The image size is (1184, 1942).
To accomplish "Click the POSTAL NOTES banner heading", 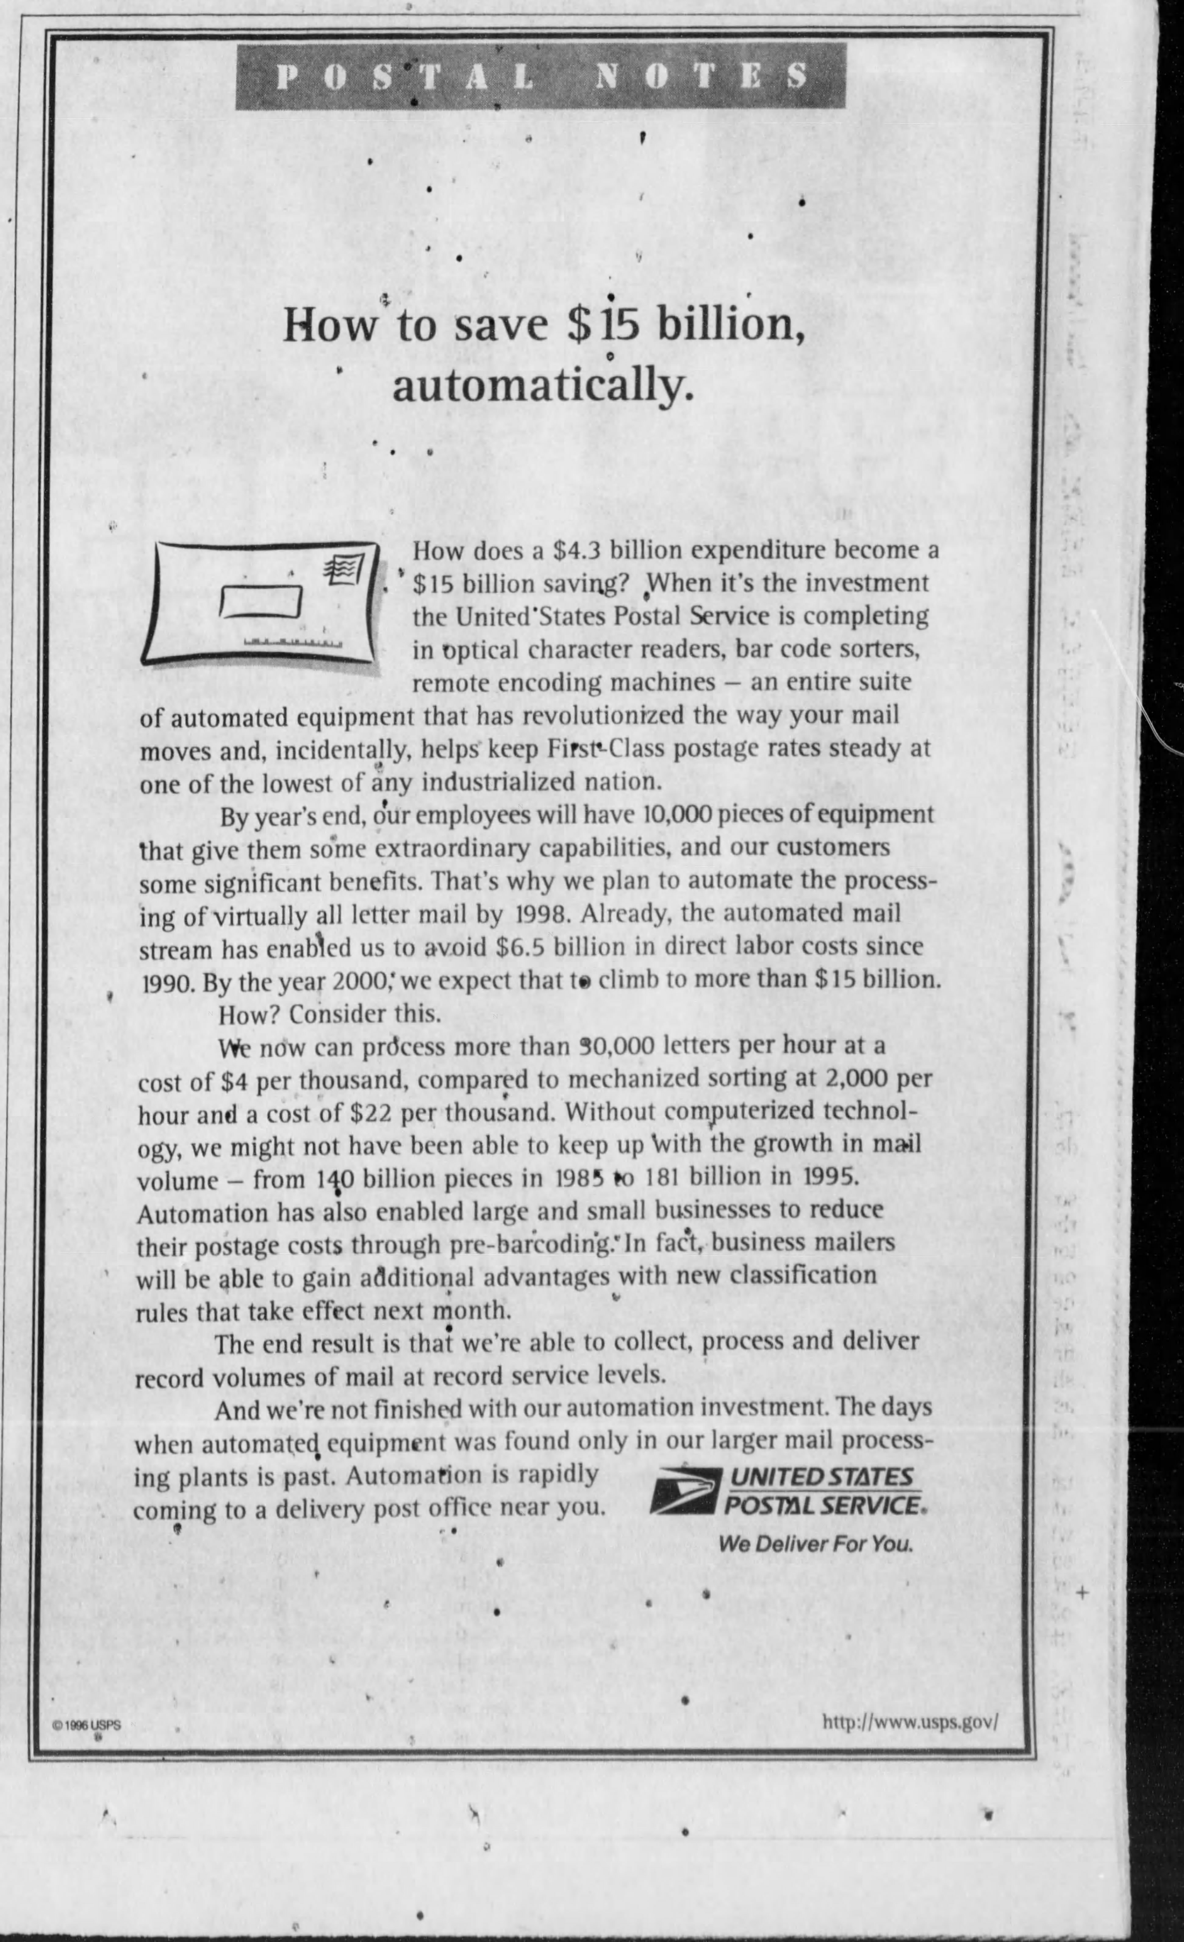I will pyautogui.click(x=540, y=77).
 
